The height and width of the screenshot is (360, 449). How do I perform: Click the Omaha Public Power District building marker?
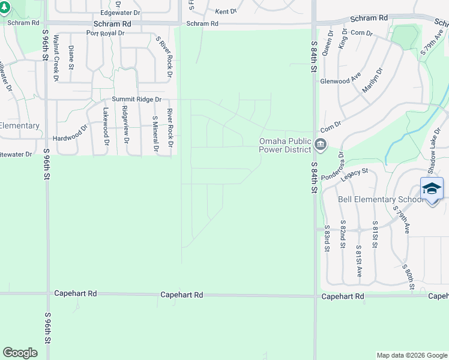[321, 145]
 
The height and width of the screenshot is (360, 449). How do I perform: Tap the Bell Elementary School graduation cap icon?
[432, 189]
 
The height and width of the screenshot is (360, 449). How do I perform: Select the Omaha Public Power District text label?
[285, 146]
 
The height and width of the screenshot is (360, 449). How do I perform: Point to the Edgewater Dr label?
[120, 13]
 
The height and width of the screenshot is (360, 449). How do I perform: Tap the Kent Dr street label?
[226, 11]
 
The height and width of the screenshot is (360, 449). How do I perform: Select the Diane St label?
[71, 58]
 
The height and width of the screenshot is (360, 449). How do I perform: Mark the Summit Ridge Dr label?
[137, 99]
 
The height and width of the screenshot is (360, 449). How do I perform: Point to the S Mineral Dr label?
[155, 133]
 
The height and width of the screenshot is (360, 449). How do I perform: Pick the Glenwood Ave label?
[340, 81]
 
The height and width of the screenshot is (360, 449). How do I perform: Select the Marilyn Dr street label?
[373, 80]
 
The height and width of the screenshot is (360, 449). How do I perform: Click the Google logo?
[20, 353]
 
